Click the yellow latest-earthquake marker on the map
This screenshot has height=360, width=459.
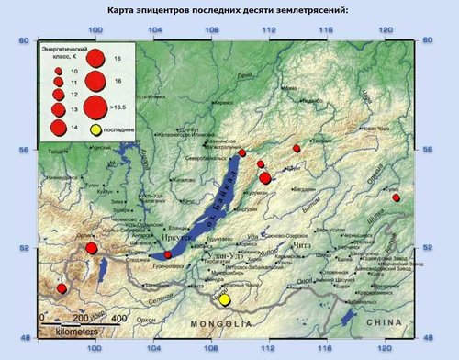[226, 299]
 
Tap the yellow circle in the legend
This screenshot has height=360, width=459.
[94, 130]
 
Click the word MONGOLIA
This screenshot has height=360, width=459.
[219, 325]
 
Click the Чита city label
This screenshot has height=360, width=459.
[302, 246]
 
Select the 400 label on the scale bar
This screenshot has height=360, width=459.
[118, 318]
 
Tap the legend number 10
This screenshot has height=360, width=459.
[73, 70]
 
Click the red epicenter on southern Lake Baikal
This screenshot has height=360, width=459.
[167, 254]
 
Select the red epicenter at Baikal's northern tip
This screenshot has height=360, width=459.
[242, 153]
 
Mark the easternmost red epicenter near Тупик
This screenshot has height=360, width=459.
[396, 197]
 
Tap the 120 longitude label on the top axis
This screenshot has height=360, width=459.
[386, 31]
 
